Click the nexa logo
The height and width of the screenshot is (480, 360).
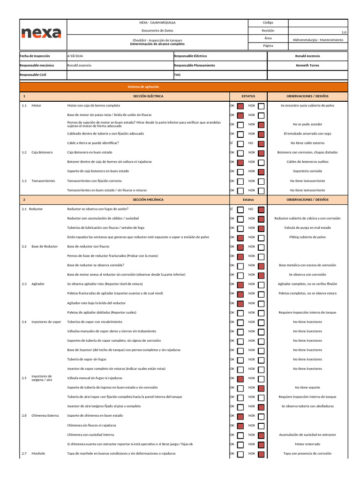pos(41,33)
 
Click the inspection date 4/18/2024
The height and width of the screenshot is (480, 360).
pos(75,56)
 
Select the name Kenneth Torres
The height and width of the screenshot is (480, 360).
pos(307,66)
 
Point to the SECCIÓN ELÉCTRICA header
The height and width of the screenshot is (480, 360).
pos(148,96)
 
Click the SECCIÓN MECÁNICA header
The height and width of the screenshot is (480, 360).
pos(148,200)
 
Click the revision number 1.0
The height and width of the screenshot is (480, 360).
pos(344,32)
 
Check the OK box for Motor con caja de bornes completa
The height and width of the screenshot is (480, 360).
pos(240,106)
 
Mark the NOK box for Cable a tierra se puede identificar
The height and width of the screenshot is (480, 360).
pos(261,143)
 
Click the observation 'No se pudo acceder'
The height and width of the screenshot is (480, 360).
pos(307,125)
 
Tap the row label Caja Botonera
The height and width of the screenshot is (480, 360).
pos(42,152)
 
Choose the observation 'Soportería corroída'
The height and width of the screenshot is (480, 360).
pos(307,171)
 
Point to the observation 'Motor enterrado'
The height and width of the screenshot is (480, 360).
pos(307,444)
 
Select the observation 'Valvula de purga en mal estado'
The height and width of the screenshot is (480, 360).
pos(307,228)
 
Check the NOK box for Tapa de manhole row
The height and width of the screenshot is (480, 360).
pos(261,454)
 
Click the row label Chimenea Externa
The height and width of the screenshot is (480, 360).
pos(45,416)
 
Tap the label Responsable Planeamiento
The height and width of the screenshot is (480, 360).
pos(194,66)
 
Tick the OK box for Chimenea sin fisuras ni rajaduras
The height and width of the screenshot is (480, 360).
pos(240,426)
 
